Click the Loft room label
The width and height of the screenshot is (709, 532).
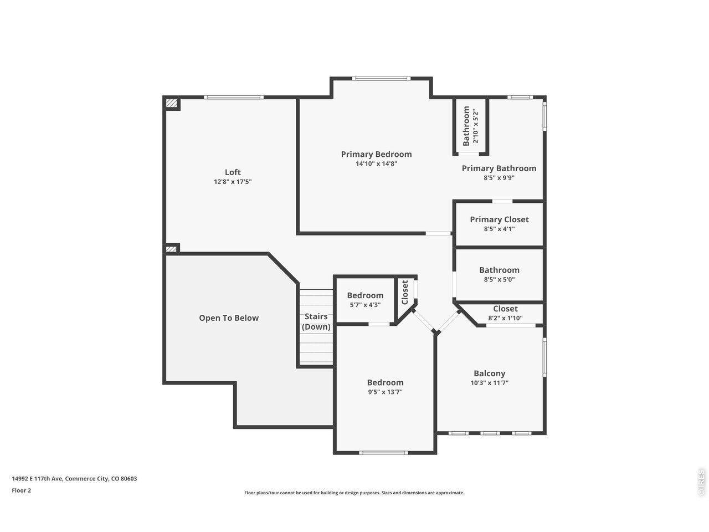pos(233,172)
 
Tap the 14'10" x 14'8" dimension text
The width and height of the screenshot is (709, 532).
pos(376,164)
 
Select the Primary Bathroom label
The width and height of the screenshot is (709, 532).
pos(499,168)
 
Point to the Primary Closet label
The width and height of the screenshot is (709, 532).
pos(499,219)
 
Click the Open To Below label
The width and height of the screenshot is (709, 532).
pos(229,318)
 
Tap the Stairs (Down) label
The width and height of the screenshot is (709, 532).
pos(316,321)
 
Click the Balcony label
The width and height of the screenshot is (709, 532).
pos(489,374)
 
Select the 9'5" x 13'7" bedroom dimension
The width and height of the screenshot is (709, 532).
pos(385,392)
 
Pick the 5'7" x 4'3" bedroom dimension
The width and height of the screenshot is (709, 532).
pos(365,305)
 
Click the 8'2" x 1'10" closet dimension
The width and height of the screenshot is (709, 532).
pos(505,318)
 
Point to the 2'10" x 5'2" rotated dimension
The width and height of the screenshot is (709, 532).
pos(475,126)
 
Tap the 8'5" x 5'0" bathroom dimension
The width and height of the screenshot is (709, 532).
pos(499,279)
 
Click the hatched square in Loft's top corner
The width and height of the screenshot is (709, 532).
pos(171,103)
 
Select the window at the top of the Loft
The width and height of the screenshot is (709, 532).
pos(234,97)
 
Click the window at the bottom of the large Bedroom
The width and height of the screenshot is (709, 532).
pos(383,453)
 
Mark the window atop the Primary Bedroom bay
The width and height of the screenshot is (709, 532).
pos(381,79)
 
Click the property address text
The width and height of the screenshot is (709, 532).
pos(74,479)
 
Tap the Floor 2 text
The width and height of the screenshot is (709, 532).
pos(21,490)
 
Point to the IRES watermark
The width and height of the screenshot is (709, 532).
pos(701,483)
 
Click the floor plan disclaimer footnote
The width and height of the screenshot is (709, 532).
pos(354,493)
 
